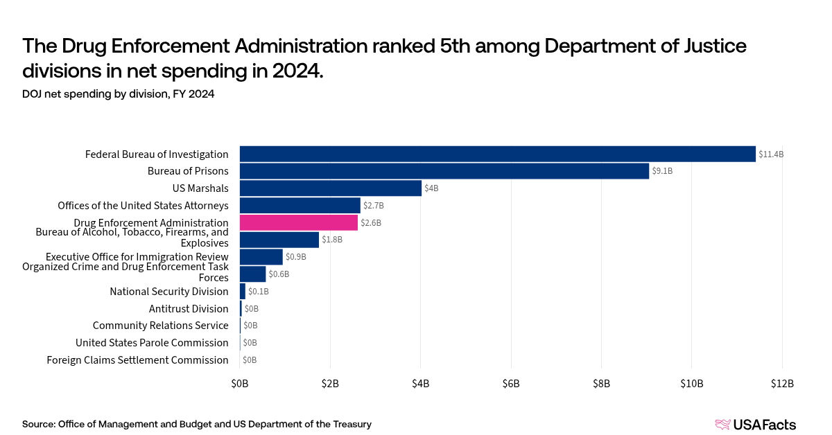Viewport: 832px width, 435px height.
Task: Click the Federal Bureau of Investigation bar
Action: (x=497, y=154)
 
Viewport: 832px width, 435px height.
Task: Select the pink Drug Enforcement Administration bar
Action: (x=298, y=222)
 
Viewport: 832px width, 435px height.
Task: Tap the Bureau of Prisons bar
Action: (x=444, y=171)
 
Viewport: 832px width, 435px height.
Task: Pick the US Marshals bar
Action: (x=330, y=188)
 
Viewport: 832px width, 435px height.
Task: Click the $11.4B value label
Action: (x=770, y=154)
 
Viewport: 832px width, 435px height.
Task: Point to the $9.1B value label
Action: (x=664, y=171)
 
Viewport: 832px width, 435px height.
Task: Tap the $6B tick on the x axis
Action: (x=511, y=384)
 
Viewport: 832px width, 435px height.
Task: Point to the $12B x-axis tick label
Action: (x=782, y=384)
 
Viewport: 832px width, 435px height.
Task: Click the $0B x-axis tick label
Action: (x=240, y=384)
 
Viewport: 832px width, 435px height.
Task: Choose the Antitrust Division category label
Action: (x=189, y=309)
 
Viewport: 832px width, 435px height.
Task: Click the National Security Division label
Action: (x=169, y=292)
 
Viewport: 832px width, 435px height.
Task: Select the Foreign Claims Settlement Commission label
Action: (x=137, y=360)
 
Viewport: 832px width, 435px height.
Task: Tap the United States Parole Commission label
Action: (x=152, y=343)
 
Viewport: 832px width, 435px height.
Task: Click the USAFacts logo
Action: (x=755, y=425)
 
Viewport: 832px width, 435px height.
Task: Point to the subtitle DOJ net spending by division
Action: (x=118, y=95)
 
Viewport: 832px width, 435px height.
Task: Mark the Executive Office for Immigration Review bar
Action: (x=261, y=257)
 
